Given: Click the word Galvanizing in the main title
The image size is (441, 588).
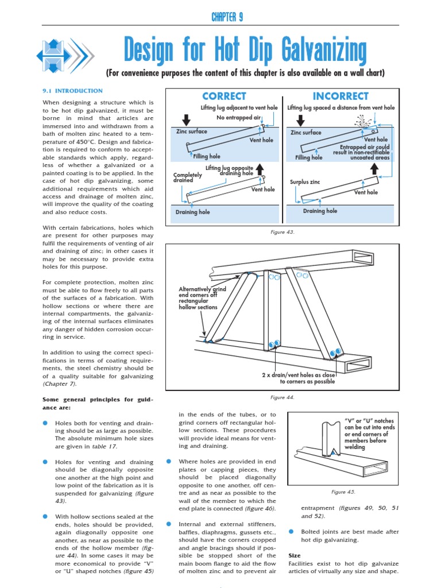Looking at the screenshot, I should [318, 52].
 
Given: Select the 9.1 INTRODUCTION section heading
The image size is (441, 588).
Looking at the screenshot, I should [73, 91].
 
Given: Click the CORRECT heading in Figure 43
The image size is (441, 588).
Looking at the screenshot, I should [224, 96].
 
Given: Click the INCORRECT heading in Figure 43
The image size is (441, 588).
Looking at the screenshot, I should [341, 96].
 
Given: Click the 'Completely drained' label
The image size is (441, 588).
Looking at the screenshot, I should [188, 177].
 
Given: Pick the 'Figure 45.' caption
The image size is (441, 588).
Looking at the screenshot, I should [343, 492].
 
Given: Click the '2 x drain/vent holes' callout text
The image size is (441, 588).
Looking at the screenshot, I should [298, 377].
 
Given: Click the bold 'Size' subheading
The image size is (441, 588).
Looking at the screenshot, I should [294, 556].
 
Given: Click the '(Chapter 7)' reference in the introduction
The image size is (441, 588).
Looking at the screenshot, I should [60, 384].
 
